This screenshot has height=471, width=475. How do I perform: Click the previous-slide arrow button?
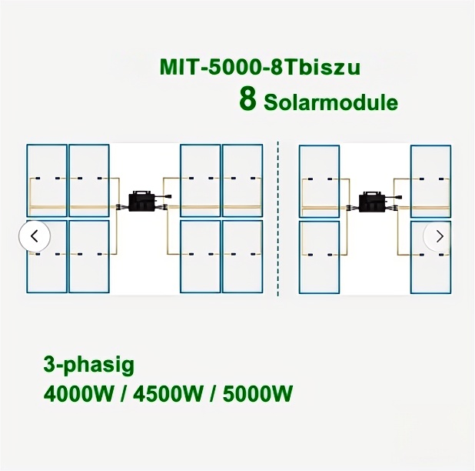tap(35, 235)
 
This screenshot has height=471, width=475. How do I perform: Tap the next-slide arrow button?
tap(439, 235)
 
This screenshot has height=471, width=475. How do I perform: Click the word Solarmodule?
tap(331, 102)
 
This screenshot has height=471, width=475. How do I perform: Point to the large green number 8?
tap(247, 100)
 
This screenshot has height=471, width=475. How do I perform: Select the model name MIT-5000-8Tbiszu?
tap(260, 67)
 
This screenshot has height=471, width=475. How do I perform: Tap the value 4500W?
tap(169, 395)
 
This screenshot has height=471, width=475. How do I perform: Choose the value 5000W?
tap(257, 395)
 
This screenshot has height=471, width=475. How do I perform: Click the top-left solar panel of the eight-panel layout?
tap(47, 180)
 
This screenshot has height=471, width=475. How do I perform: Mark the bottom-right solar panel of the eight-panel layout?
tap(242, 256)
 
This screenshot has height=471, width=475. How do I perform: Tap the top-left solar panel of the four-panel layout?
tap(319, 181)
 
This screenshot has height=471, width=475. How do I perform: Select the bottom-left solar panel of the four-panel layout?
tap(319, 257)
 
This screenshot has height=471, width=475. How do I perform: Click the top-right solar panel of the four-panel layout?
tap(430, 181)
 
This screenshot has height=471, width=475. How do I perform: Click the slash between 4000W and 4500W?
tap(123, 395)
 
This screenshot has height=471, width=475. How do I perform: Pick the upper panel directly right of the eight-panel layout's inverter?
tap(200, 180)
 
